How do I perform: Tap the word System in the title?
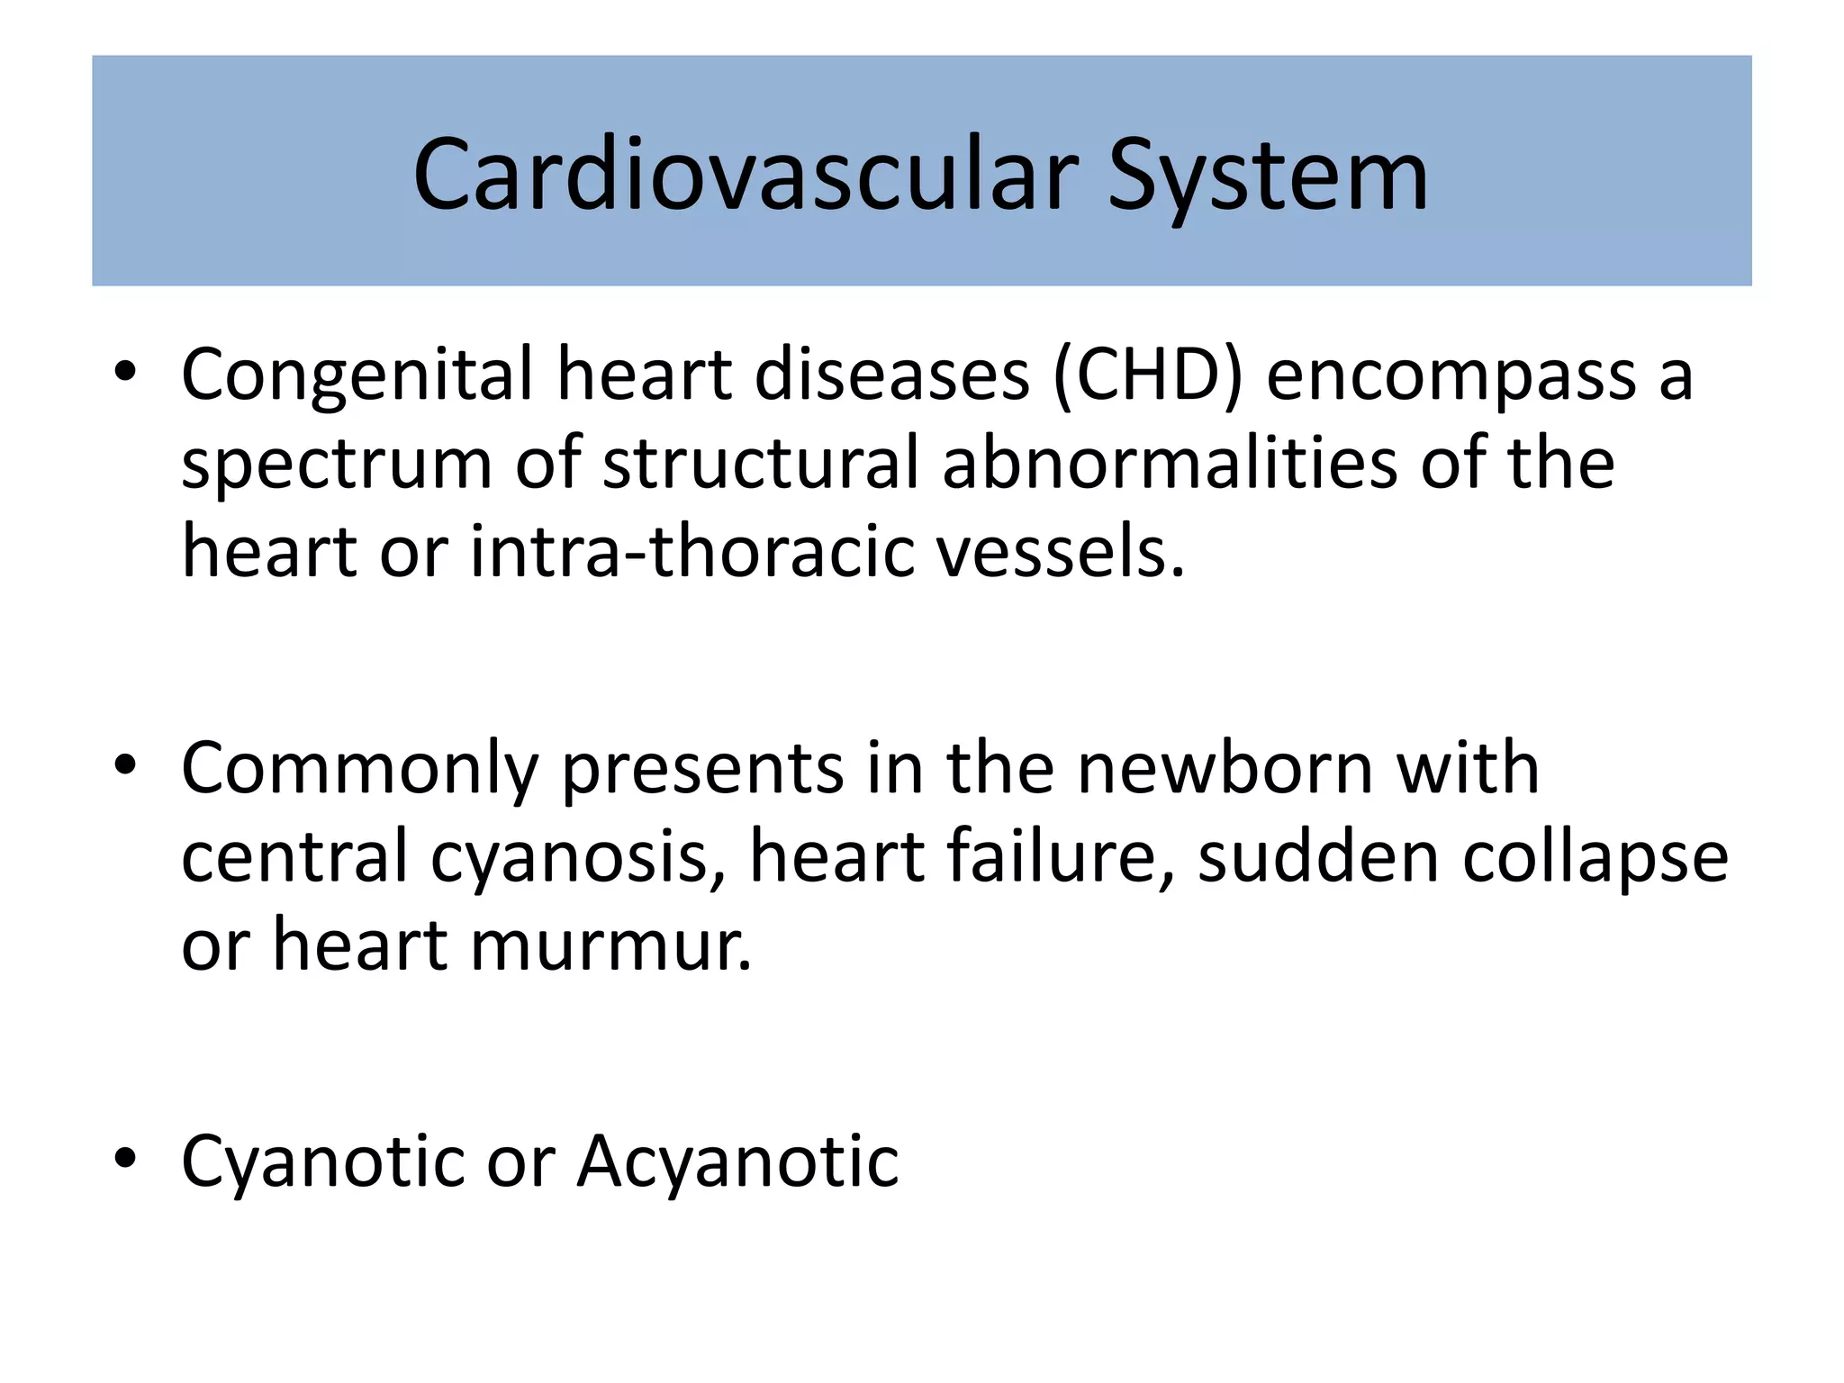point(1267,177)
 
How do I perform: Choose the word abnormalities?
point(1170,463)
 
